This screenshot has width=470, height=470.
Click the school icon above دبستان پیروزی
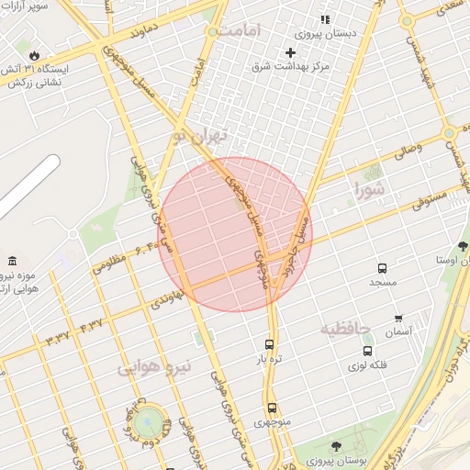click(324, 19)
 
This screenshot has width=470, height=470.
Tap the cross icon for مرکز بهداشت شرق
click(290, 52)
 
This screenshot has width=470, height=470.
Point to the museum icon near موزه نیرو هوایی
click(11, 263)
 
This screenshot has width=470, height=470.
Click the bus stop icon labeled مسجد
click(382, 268)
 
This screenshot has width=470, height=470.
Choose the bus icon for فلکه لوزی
click(368, 350)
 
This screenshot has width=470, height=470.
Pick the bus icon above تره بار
click(268, 344)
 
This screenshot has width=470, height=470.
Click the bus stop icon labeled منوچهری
click(271, 408)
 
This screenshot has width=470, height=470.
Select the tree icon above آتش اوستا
click(462, 247)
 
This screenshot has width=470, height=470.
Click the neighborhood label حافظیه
click(345, 328)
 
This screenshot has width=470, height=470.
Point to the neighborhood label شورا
click(373, 190)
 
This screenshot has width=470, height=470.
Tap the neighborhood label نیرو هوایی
click(154, 366)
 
